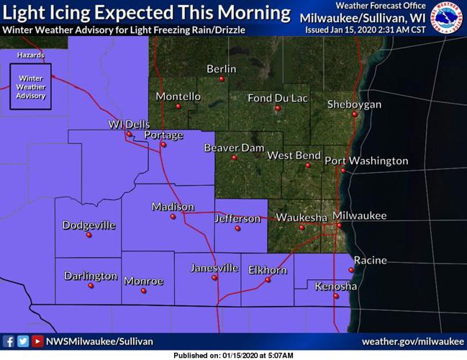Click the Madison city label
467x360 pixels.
click(x=173, y=207)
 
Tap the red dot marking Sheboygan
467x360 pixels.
click(x=355, y=114)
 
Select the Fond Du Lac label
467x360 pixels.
click(x=277, y=98)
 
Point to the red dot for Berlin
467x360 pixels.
click(x=222, y=78)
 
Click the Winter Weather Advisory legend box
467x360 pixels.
click(x=31, y=86)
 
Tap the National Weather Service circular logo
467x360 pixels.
click(x=447, y=18)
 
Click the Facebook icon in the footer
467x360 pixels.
click(x=9, y=341)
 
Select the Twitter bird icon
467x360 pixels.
click(x=23, y=341)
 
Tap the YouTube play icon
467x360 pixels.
click(x=37, y=341)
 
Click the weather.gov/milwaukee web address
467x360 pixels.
click(x=412, y=341)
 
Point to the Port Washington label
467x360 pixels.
click(x=366, y=161)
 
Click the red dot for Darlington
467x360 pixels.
click(x=91, y=286)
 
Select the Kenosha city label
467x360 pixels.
click(x=336, y=287)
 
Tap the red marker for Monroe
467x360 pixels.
click(x=143, y=291)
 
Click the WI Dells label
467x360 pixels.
click(x=129, y=124)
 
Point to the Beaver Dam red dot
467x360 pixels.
click(x=234, y=158)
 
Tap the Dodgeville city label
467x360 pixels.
click(x=89, y=225)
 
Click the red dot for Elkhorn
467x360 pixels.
click(x=268, y=280)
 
